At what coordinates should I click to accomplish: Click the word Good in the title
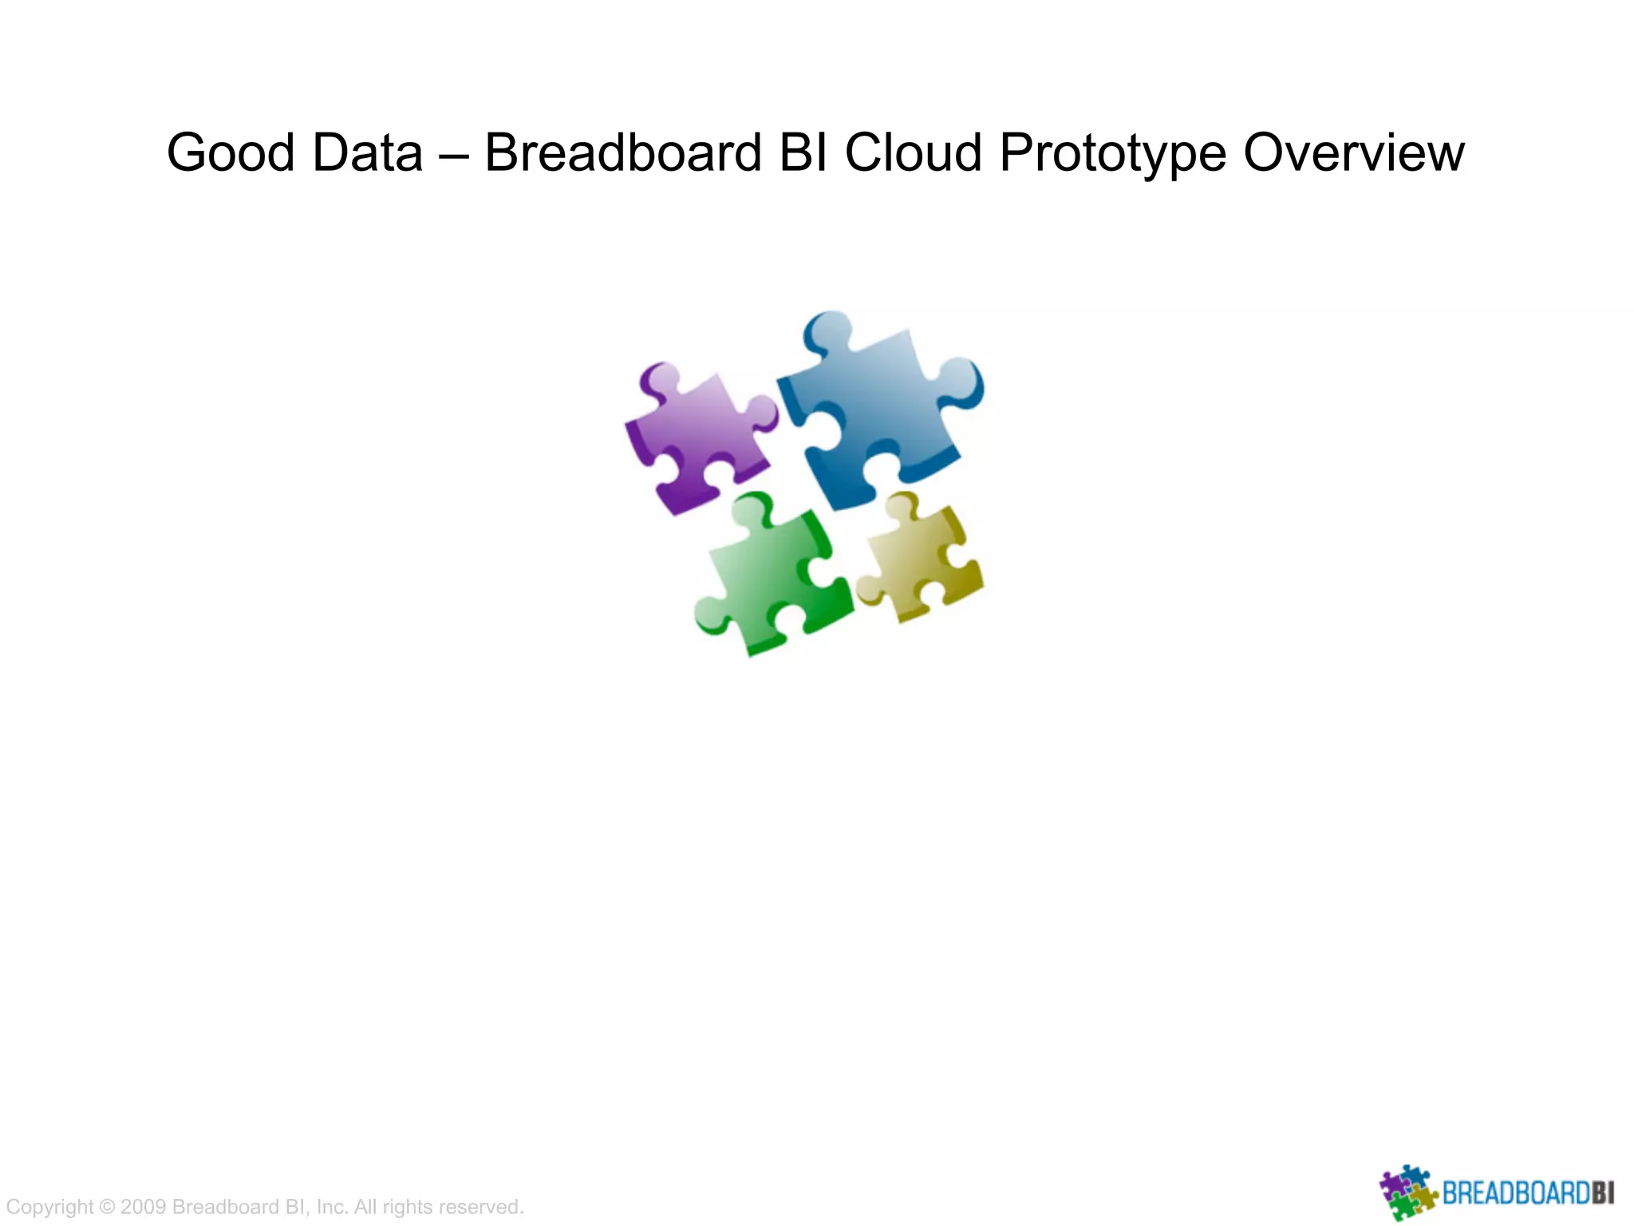[x=231, y=152]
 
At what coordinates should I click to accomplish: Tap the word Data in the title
[x=367, y=152]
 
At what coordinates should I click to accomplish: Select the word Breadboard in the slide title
[x=623, y=152]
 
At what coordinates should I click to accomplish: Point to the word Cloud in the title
[x=913, y=152]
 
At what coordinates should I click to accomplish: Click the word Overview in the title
[x=1353, y=152]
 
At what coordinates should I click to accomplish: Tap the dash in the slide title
[x=453, y=154]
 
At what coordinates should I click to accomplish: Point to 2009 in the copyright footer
[x=143, y=1207]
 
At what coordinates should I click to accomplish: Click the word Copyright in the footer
[x=49, y=1207]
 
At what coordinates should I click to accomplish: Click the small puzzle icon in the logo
[x=1407, y=1192]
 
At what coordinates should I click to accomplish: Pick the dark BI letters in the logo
[x=1603, y=1194]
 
